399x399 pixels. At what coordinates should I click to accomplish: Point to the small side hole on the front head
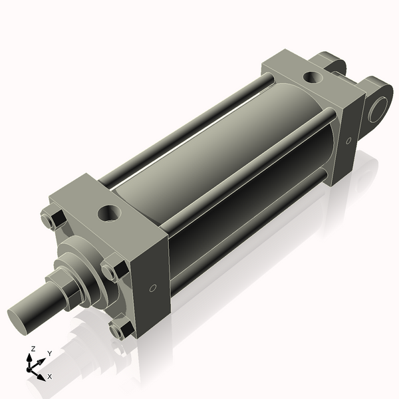coord(153,288)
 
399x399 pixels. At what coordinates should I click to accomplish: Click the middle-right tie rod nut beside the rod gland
coord(113,270)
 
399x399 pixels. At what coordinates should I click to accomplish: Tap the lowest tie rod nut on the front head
coord(120,330)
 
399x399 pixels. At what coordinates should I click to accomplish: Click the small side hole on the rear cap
coord(349,140)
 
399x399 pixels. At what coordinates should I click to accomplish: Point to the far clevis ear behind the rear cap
coord(332,63)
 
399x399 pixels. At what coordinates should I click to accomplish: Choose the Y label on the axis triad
coord(49,353)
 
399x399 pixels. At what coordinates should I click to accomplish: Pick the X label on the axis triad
coord(49,376)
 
